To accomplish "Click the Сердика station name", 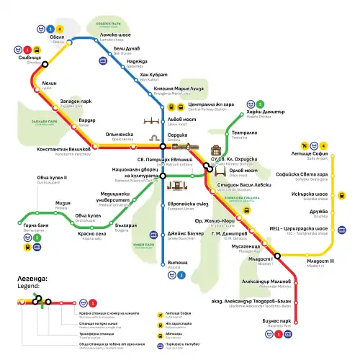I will tap(178, 135).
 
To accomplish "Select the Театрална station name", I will tap(244, 133).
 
